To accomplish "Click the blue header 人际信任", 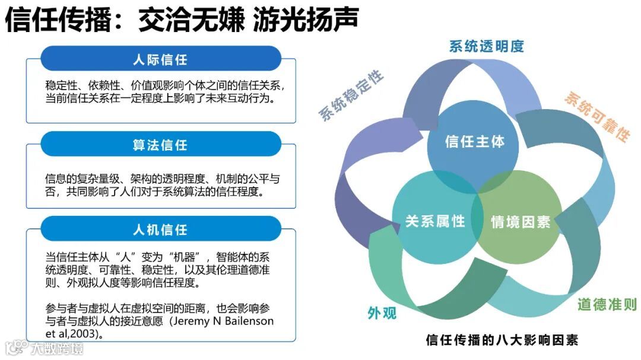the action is coord(160,59).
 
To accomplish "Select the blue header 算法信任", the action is coord(160,144).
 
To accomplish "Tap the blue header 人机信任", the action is coord(160,229).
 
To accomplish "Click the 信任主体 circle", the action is coord(474,142).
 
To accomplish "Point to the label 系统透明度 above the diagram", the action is coord(487,47).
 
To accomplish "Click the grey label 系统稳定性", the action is coord(352,95).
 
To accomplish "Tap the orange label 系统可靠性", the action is coord(596,116).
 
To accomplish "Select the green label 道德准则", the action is coord(607,305).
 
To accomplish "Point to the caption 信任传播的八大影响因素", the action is coord(502,340).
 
